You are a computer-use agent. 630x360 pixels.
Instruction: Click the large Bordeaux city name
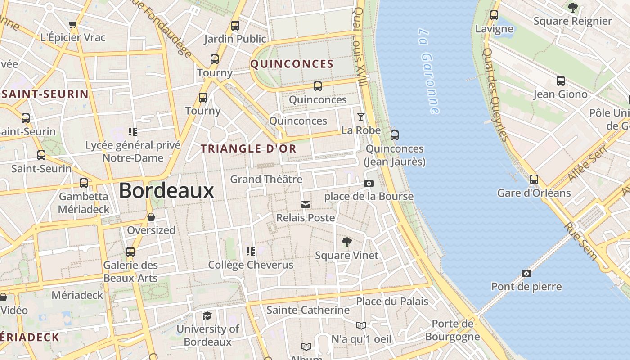pyautogui.click(x=166, y=191)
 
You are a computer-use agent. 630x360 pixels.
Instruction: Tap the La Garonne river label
pyautogui.click(x=428, y=71)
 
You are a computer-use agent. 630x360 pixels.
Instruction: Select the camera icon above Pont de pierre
pyautogui.click(x=526, y=273)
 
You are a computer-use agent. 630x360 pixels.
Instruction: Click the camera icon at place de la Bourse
pyautogui.click(x=369, y=183)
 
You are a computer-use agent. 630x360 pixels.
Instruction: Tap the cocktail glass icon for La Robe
pyautogui.click(x=361, y=117)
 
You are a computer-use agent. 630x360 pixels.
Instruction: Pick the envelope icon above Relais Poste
pyautogui.click(x=306, y=205)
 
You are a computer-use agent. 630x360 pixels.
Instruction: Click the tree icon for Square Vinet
pyautogui.click(x=346, y=242)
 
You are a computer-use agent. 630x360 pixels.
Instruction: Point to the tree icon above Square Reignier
pyautogui.click(x=572, y=8)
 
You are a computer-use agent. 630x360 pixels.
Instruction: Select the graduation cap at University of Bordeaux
pyautogui.click(x=207, y=315)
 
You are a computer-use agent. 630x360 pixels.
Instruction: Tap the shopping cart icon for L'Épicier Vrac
pyautogui.click(x=73, y=24)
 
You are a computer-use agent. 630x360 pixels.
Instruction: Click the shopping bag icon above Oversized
pyautogui.click(x=151, y=217)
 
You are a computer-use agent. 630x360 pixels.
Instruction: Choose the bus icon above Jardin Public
pyautogui.click(x=235, y=26)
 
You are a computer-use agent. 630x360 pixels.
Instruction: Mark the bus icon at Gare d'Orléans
pyautogui.click(x=534, y=180)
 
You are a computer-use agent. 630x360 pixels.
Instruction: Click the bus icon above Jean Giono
pyautogui.click(x=560, y=81)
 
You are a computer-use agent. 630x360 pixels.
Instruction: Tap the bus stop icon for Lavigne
pyautogui.click(x=494, y=15)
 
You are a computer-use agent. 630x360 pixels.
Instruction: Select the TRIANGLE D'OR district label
pyautogui.click(x=248, y=148)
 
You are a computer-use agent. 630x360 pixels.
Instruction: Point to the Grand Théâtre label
pyautogui.click(x=266, y=179)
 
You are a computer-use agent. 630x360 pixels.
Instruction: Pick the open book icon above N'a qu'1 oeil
pyautogui.click(x=361, y=325)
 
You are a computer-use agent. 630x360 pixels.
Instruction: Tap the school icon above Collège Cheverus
pyautogui.click(x=251, y=252)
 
